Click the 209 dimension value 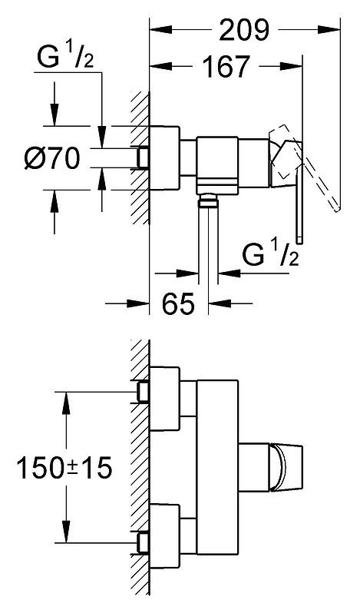(244, 30)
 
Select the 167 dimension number (226, 67)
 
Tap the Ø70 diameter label (52, 158)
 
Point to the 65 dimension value (178, 303)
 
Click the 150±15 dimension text (64, 468)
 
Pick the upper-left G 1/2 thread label (65, 58)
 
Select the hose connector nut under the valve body (208, 202)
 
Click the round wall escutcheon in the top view (164, 158)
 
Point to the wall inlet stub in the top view (144, 157)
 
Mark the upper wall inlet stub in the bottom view (144, 392)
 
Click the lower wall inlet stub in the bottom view (144, 542)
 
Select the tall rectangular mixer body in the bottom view (218, 467)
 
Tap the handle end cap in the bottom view (287, 467)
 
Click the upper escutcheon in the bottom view (164, 399)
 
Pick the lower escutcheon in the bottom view (164, 536)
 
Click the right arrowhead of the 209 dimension (329, 30)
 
